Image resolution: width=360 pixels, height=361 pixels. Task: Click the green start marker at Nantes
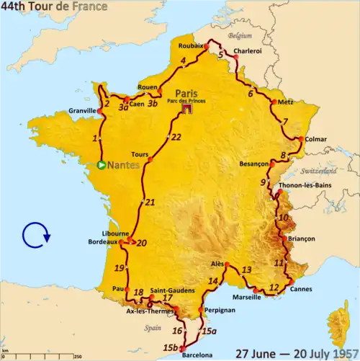[x=102, y=165]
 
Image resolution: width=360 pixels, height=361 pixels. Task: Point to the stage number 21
[x=150, y=202]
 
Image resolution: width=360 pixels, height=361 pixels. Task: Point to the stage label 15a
[x=209, y=331]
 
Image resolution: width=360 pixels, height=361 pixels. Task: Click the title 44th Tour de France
[x=55, y=6]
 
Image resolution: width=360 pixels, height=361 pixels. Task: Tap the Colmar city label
[x=315, y=140]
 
